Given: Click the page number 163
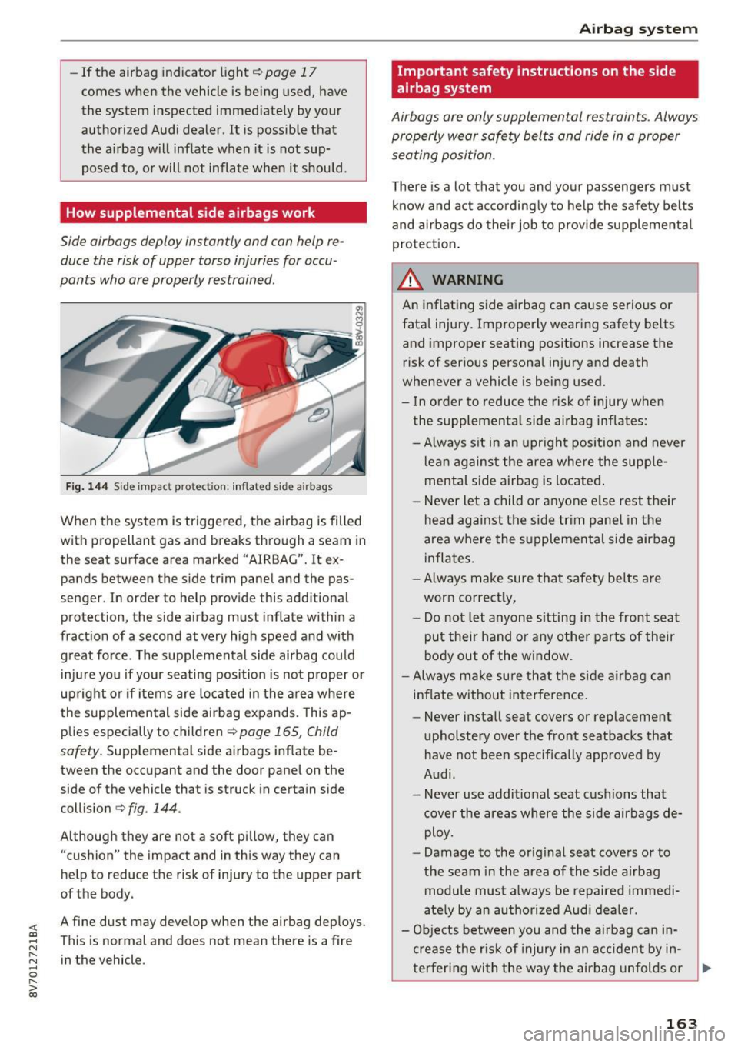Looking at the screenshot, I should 681,1023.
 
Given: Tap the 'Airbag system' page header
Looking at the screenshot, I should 638,29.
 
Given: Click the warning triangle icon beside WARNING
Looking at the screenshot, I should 413,279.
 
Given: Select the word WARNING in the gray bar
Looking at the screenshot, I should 467,280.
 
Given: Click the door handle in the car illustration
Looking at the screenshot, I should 318,415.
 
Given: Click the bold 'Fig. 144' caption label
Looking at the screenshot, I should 84,487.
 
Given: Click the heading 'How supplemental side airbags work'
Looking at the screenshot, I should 191,213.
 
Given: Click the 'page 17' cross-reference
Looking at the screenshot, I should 290,72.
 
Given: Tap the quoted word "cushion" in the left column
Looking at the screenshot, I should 89,855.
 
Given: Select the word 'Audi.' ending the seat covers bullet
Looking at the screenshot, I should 440,774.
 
